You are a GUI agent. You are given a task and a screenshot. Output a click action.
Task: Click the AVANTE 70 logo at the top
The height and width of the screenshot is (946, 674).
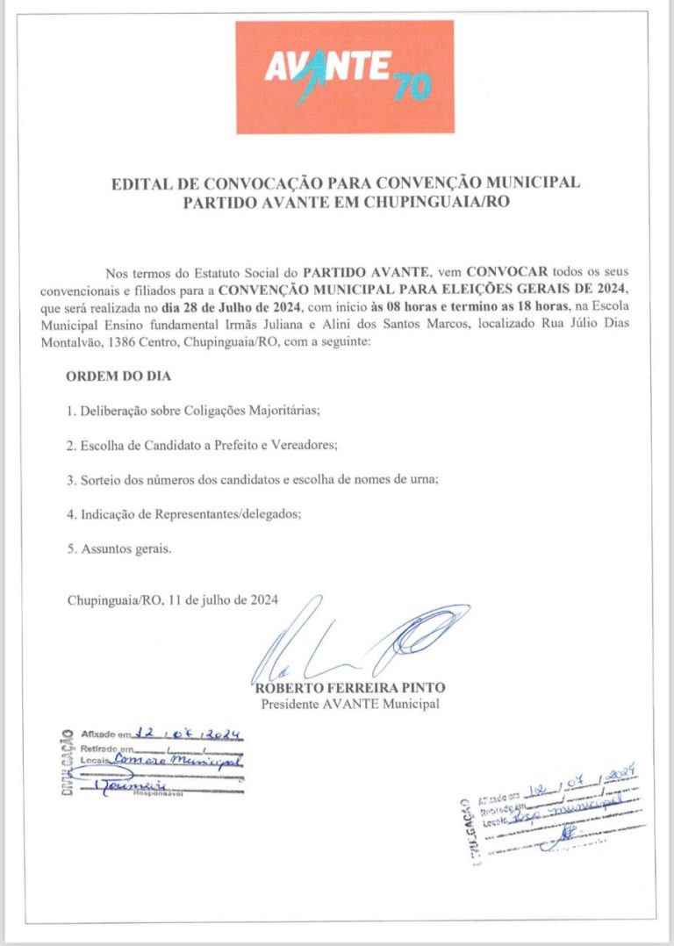coord(346,77)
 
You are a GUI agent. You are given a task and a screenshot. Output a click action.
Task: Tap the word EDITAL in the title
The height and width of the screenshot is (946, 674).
coord(138,184)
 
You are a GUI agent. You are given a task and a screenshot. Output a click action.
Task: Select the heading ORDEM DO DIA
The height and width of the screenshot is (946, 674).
coord(118,376)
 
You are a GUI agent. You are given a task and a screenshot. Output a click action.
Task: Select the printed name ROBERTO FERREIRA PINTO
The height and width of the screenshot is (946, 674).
coord(349,689)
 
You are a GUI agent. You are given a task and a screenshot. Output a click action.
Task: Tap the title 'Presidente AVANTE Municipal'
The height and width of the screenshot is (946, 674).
coord(349,704)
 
